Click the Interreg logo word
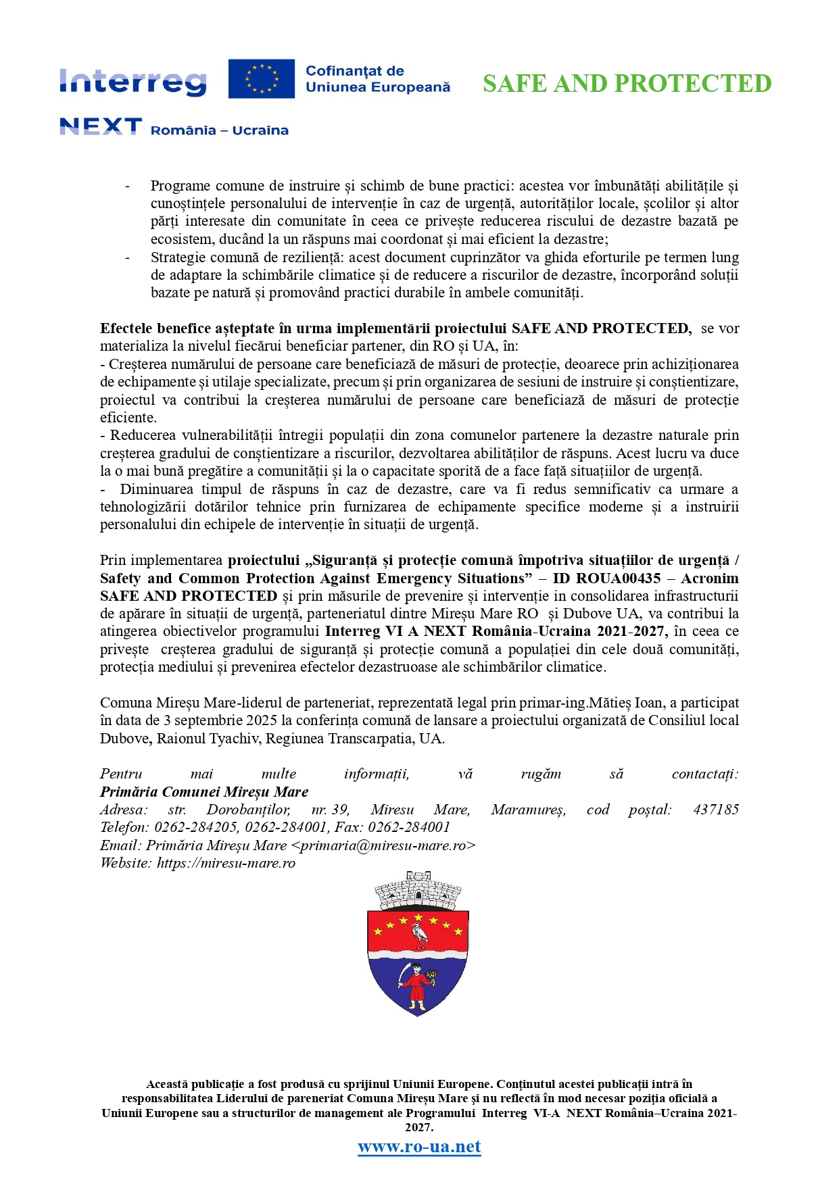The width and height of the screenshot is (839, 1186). (133, 82)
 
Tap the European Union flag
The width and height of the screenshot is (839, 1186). (261, 78)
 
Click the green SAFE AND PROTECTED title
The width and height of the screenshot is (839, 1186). (627, 84)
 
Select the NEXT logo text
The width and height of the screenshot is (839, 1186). (101, 126)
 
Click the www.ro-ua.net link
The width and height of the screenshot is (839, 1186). (419, 1146)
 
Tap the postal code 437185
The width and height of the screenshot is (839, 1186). (715, 810)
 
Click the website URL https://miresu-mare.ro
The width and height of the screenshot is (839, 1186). (226, 863)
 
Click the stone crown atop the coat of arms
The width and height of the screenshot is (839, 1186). (418, 891)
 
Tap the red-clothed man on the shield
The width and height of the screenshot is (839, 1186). (418, 986)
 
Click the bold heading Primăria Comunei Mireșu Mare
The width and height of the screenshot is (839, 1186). (204, 792)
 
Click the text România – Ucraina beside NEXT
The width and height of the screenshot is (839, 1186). (219, 130)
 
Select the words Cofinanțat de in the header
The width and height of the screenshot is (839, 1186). (355, 71)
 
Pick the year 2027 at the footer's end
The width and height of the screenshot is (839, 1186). (418, 1127)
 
